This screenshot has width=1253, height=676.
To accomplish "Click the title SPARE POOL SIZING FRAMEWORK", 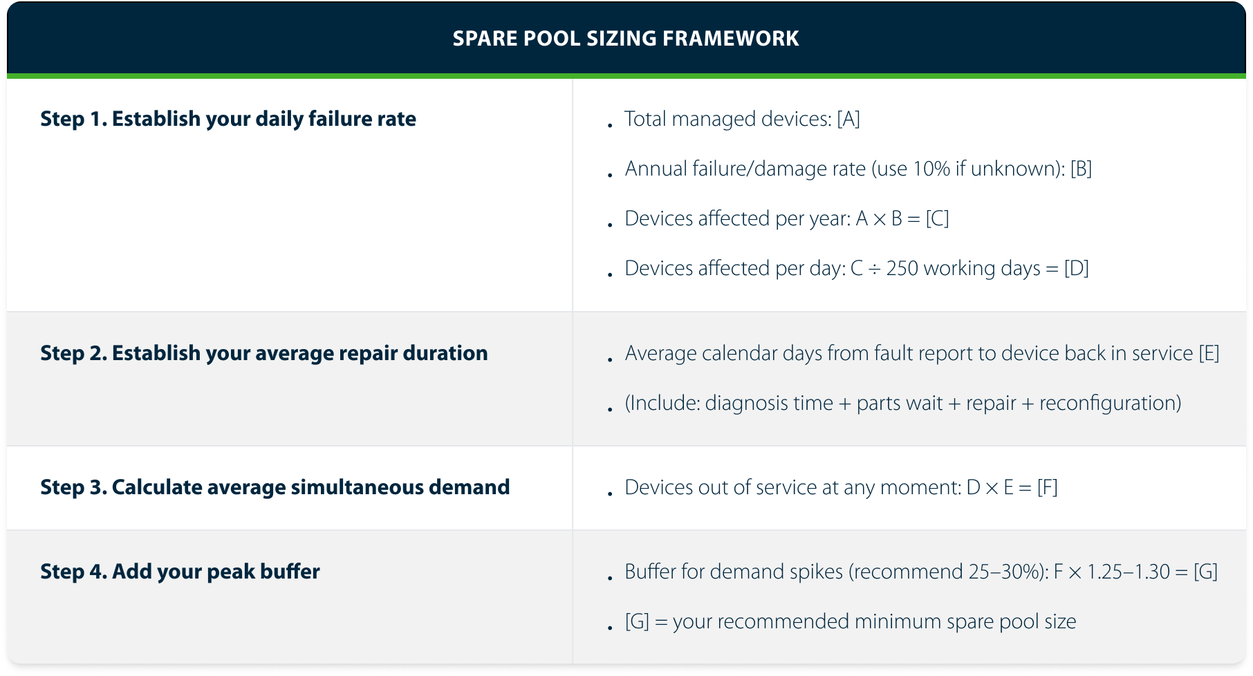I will point(626,38).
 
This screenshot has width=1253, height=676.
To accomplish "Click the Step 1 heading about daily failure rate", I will point(228,119).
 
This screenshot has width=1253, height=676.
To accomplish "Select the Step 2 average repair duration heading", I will point(263,353).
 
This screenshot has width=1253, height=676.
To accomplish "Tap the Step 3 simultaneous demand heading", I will point(275,487).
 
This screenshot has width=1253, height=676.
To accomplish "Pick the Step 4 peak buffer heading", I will point(180,572).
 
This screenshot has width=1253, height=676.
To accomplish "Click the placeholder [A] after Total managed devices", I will point(848,119).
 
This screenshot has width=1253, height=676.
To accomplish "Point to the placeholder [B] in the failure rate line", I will point(1081,169).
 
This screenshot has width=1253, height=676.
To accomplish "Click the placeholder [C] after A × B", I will point(937,218).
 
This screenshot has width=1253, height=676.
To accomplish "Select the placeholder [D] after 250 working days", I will point(1077,268).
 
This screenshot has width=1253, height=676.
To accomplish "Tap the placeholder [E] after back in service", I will point(1209,353).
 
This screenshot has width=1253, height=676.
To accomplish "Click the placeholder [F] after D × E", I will point(1048,487).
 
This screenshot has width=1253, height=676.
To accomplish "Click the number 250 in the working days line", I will point(902,268).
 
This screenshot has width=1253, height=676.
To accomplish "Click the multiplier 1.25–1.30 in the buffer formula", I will point(1129,572).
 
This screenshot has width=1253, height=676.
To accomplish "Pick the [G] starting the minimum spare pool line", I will point(637,621).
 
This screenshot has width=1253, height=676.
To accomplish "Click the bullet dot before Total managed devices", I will point(610,125).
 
